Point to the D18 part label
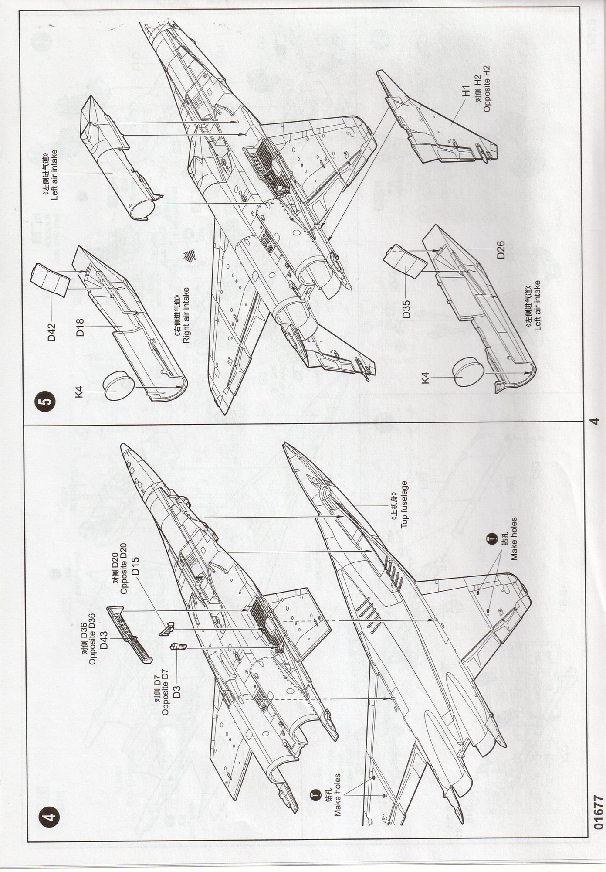(81, 327)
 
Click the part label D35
(407, 308)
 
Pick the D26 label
(500, 250)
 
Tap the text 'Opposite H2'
(487, 88)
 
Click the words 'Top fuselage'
(404, 504)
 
